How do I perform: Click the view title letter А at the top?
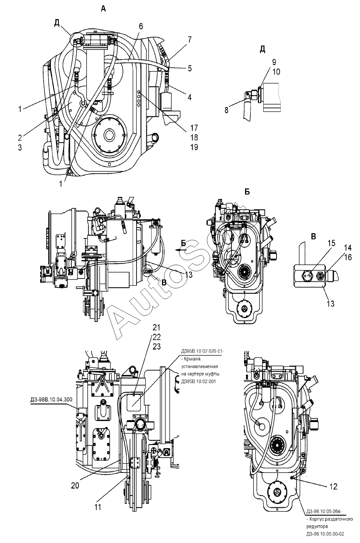(103, 9)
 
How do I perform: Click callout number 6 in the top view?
(141, 26)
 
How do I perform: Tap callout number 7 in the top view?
(189, 39)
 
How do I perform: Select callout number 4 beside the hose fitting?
(189, 97)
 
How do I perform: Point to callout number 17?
(194, 128)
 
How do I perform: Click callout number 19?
(194, 147)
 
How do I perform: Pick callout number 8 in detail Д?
(226, 110)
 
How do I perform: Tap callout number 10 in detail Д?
(276, 72)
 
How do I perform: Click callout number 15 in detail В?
(331, 243)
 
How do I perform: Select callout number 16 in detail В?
(348, 257)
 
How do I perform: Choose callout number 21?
(157, 327)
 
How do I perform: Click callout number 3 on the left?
(20, 147)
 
